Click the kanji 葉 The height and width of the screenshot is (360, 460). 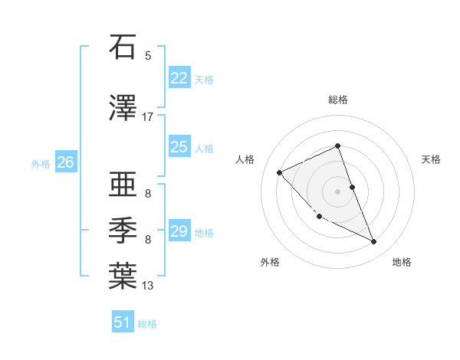pyautogui.click(x=123, y=276)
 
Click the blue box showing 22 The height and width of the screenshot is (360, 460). pyautogui.click(x=179, y=78)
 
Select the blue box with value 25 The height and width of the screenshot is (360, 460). pyautogui.click(x=179, y=147)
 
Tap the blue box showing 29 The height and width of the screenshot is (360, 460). pyautogui.click(x=179, y=231)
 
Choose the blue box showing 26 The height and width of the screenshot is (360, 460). pyautogui.click(x=65, y=162)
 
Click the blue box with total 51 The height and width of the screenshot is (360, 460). pyautogui.click(x=123, y=322)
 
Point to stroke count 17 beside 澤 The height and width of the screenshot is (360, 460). pyautogui.click(x=148, y=116)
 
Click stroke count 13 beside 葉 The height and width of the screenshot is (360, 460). pyautogui.click(x=148, y=286)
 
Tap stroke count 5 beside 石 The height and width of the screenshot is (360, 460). pyautogui.click(x=148, y=55)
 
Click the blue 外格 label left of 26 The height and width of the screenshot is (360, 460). pyautogui.click(x=41, y=163)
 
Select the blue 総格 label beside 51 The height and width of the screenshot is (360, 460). pyautogui.click(x=147, y=324)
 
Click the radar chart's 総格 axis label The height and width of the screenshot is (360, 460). pyautogui.click(x=338, y=100)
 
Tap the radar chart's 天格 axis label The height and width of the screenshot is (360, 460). pyautogui.click(x=432, y=159)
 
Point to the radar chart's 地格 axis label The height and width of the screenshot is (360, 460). pyautogui.click(x=402, y=262)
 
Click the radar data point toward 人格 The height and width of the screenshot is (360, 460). pyautogui.click(x=280, y=172)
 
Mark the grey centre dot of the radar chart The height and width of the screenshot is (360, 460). pyautogui.click(x=338, y=191)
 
